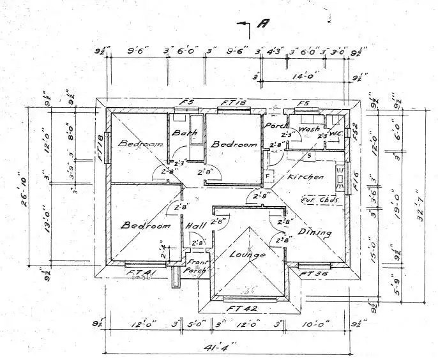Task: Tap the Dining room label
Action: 315,233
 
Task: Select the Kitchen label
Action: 302,176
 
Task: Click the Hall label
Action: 195,226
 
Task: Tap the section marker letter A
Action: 262,24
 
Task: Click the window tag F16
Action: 356,173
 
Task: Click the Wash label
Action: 310,130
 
